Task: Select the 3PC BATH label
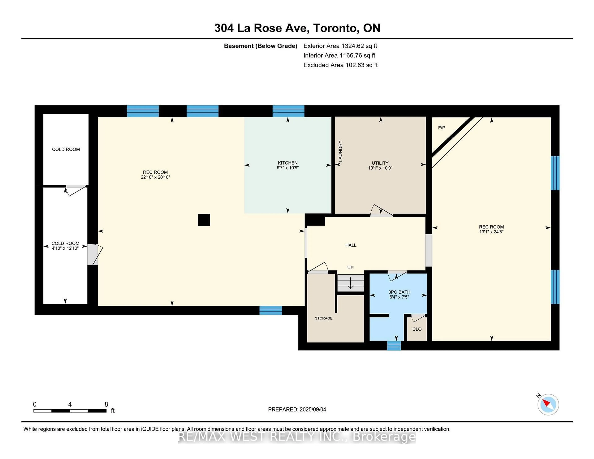coord(399,292)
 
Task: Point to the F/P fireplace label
coord(441,128)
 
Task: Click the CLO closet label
coord(417,329)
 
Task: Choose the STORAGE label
coord(323,318)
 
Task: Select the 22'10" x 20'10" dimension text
coord(155,177)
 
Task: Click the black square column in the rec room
coord(204,220)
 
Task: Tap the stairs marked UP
coord(350,283)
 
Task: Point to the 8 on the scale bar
coord(106,404)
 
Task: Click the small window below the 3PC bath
coord(394,346)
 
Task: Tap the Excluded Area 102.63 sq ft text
coord(340,65)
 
